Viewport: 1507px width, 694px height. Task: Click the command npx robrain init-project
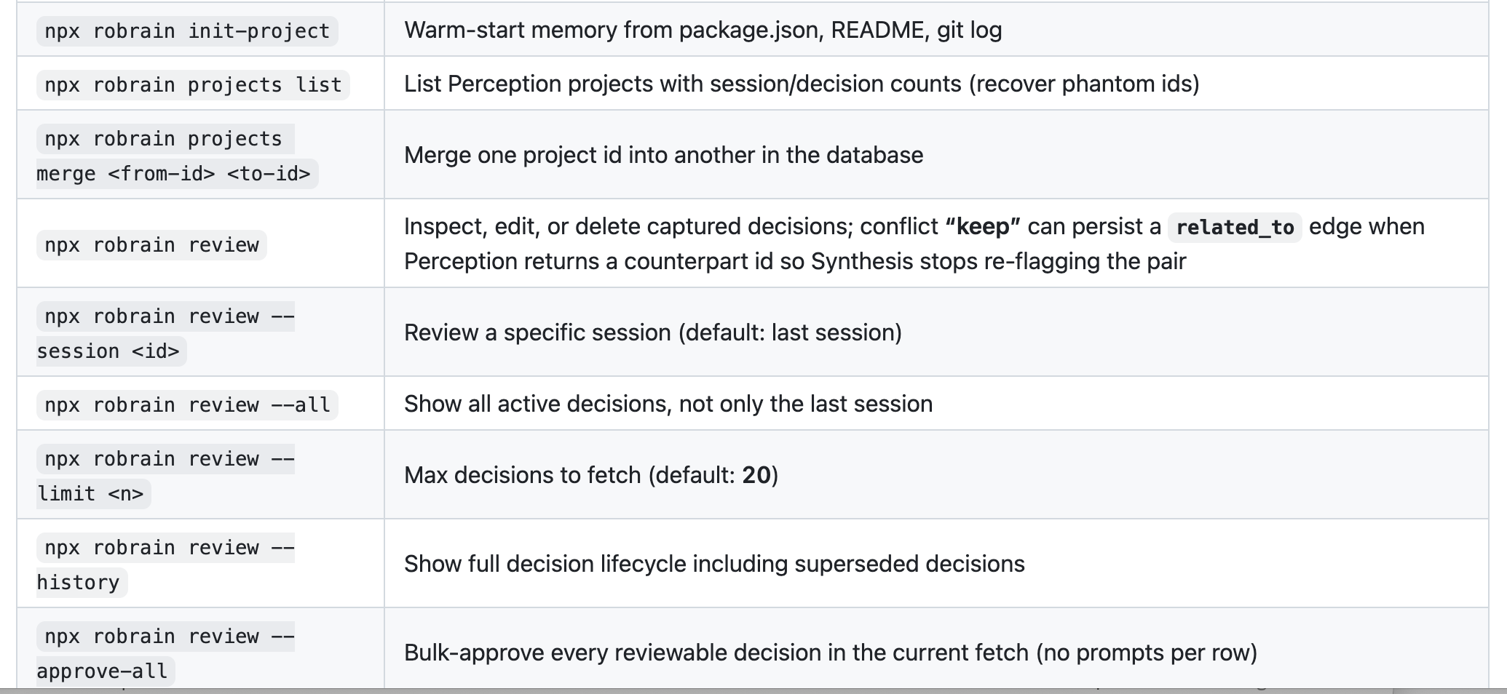[x=187, y=31]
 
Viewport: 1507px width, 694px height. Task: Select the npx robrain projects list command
[x=193, y=85]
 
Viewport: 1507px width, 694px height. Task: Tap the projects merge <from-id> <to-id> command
[x=177, y=156]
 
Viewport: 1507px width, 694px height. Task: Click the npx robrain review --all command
[x=187, y=405]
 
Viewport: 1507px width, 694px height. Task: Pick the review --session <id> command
[x=166, y=334]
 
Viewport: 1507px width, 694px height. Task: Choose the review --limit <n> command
[x=166, y=476]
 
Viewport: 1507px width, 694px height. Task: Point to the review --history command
[x=166, y=565]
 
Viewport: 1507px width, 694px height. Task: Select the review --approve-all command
[x=166, y=654]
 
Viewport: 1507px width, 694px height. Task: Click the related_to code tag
[x=1235, y=228]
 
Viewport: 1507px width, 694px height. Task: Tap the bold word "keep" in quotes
[x=983, y=227]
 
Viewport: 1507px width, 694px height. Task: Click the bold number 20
[x=756, y=476]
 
